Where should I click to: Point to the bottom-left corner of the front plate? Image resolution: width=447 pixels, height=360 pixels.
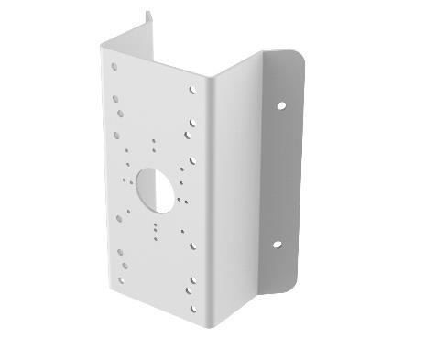[114, 283]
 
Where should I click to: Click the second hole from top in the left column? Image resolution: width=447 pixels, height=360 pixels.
[116, 93]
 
